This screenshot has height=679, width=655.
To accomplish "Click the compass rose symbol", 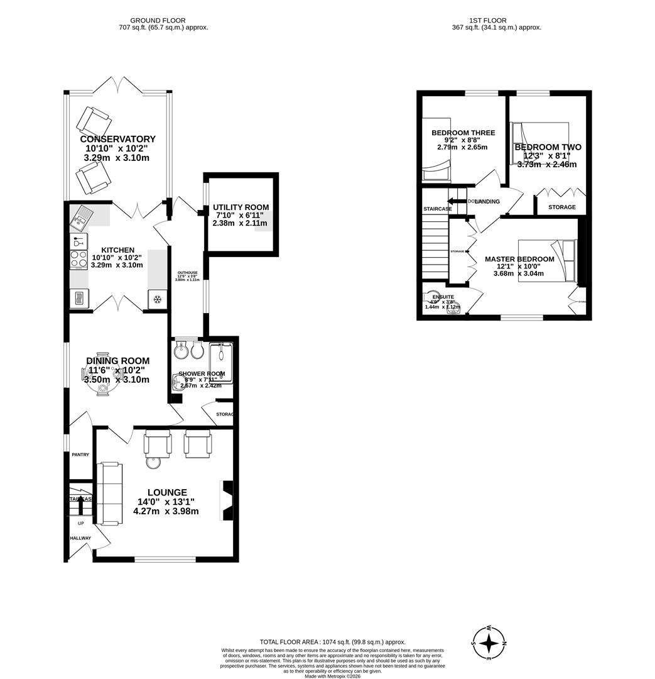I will coord(489,643).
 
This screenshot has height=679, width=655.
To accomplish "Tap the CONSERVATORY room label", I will coord(117,139).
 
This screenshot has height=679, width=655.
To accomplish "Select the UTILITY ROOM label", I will coord(241,207).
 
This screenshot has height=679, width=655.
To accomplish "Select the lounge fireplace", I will coord(227,500).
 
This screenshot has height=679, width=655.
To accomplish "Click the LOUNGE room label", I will coord(167,492).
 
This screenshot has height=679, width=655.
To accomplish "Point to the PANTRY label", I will coord(80,455).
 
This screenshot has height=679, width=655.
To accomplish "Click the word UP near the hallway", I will coord(80,523).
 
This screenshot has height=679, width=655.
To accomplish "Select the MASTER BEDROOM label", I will coord(519,259).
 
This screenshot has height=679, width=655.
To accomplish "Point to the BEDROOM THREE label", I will coord(463,133).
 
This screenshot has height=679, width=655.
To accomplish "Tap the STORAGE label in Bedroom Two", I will coord(561,207).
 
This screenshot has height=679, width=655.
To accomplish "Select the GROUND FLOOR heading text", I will coord(163,20).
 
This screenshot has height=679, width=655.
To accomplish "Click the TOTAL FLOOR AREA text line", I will coord(333,642).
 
